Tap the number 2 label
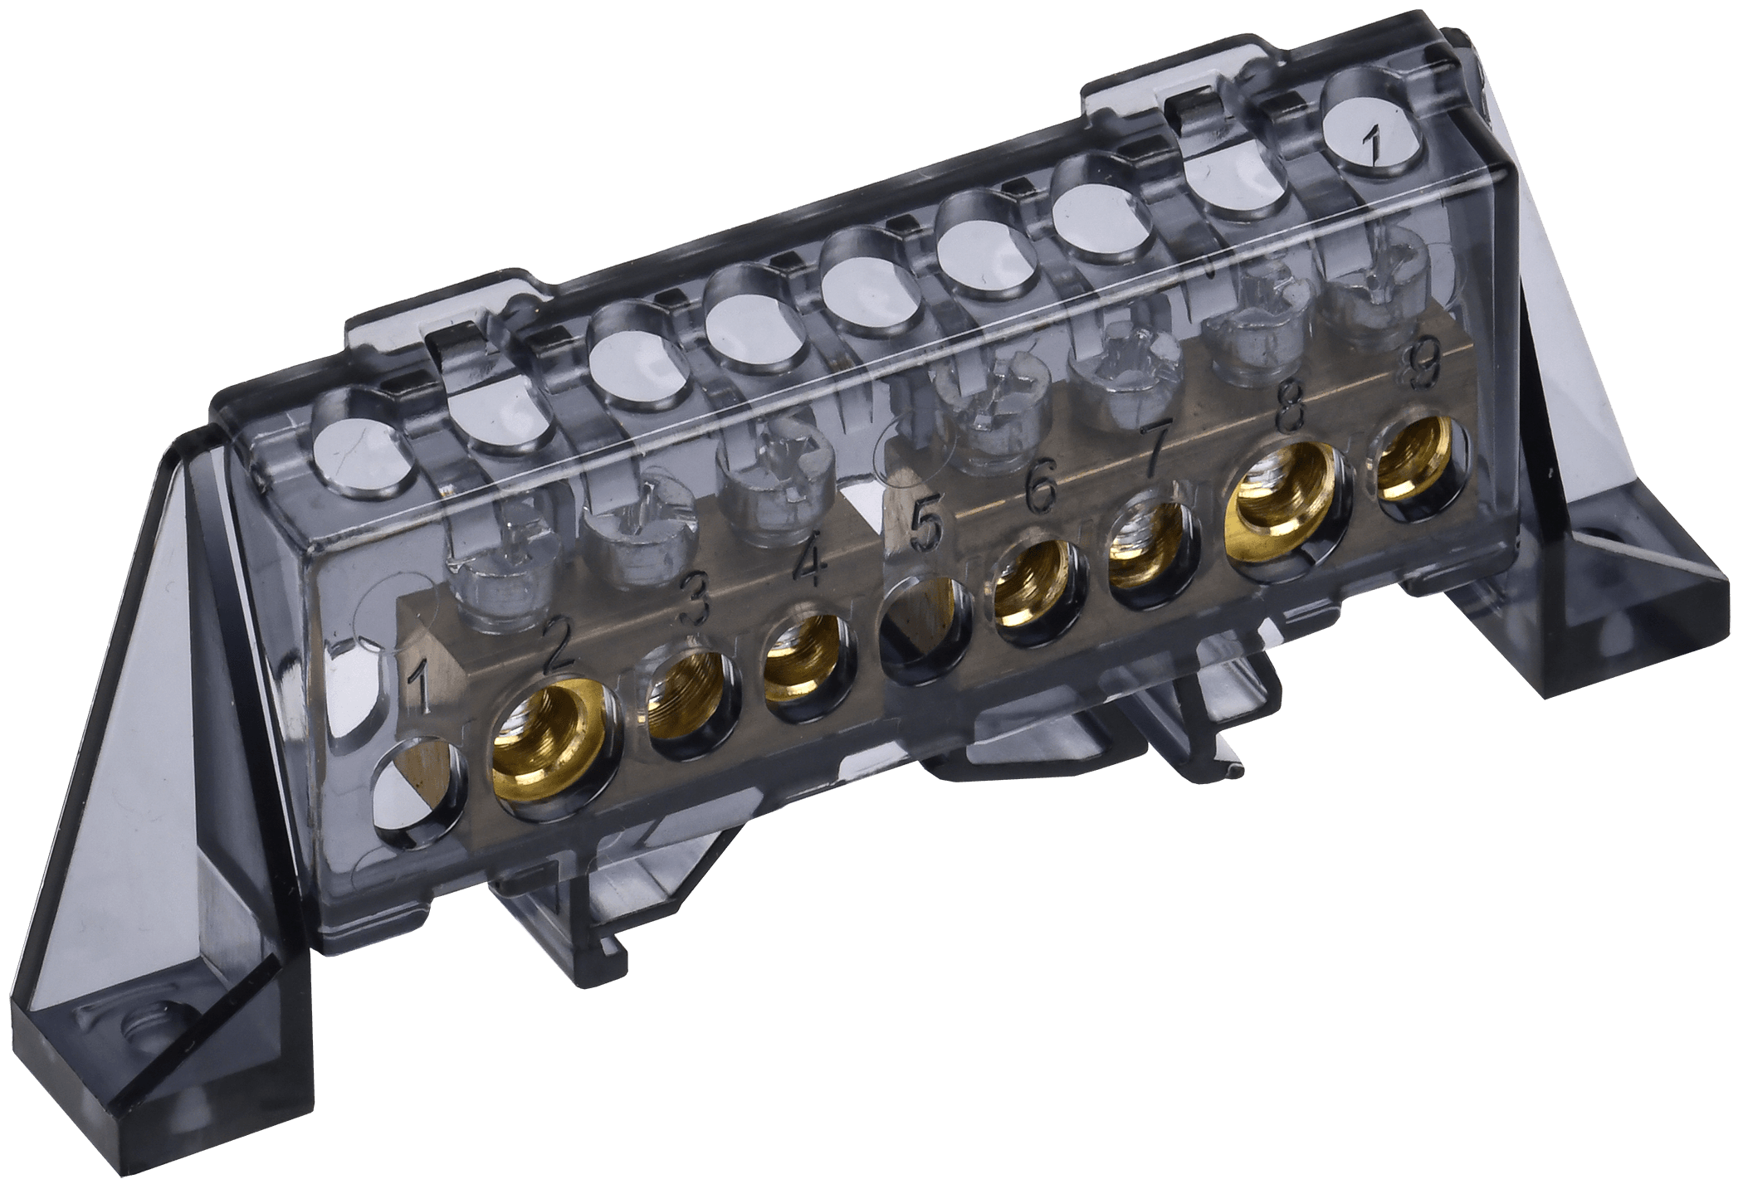click(x=556, y=649)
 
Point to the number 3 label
click(x=692, y=602)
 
